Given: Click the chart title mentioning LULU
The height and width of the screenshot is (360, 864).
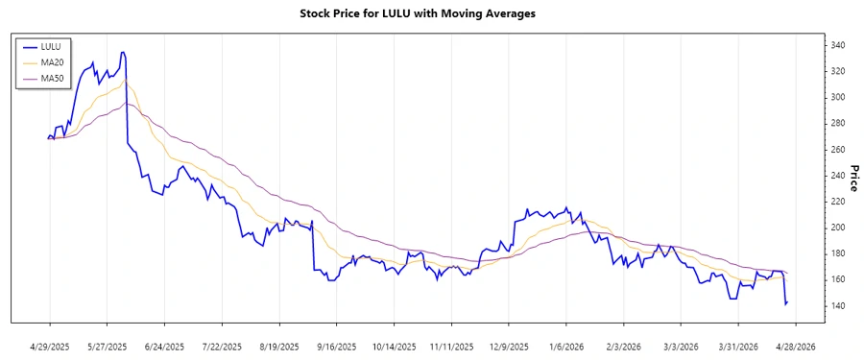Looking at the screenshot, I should tap(431, 13).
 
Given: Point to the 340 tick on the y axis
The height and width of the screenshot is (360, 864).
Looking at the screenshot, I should tap(837, 45).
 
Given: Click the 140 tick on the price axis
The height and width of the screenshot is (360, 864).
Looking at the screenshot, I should tap(837, 305).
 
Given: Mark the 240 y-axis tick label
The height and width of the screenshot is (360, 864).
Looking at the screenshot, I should tap(837, 175).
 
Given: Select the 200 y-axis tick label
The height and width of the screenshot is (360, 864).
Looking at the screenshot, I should tap(837, 228).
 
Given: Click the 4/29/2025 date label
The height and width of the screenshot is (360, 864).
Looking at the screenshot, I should tap(50, 346).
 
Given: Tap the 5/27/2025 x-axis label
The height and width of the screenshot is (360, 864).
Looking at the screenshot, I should tap(108, 346).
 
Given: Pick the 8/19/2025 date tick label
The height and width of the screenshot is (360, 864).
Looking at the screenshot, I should tap(279, 346).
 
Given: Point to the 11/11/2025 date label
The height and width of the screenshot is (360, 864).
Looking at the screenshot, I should tap(451, 346).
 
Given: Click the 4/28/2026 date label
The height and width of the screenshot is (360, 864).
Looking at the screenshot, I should tap(795, 346).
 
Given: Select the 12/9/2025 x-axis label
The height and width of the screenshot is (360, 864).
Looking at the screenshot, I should tap(509, 346).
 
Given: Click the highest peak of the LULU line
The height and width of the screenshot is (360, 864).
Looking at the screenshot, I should tap(122, 52).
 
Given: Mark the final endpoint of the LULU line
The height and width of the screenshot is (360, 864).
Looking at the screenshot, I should tap(787, 302).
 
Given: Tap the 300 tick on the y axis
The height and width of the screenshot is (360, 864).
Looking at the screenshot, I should tap(837, 97).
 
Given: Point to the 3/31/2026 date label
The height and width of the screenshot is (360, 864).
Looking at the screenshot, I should tap(738, 346).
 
